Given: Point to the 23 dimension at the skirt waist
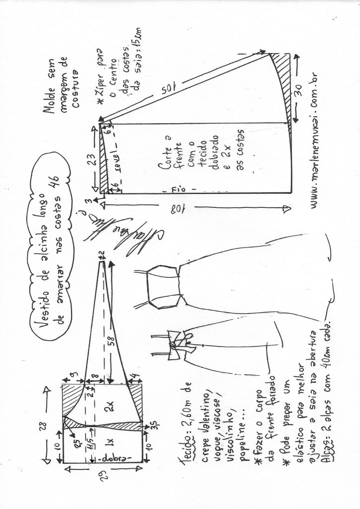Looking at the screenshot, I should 90,159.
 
